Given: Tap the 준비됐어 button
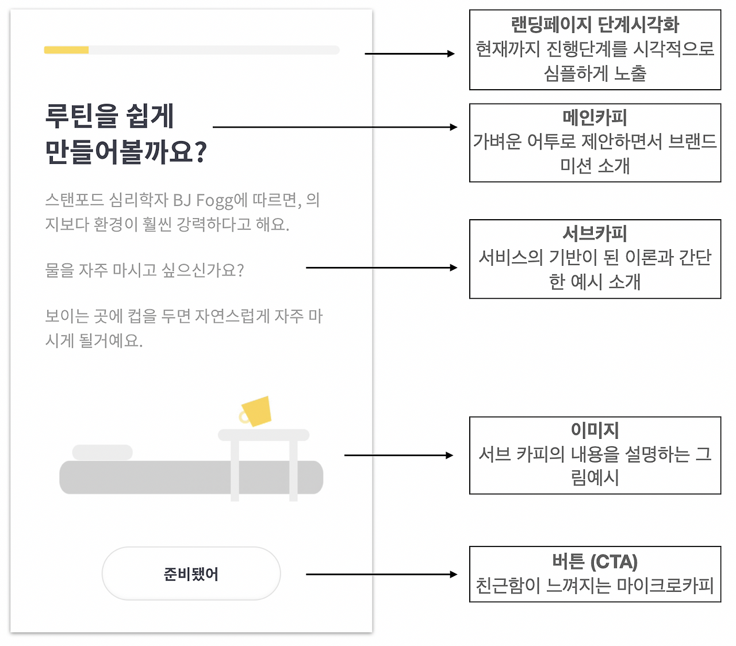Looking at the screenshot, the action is tap(191, 574).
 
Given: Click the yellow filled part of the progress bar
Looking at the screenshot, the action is tap(66, 50).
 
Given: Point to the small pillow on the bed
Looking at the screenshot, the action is tap(102, 452).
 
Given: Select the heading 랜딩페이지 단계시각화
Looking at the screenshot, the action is tap(595, 25).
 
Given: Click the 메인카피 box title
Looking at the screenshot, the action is tap(595, 117).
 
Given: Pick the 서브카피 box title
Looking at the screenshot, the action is tap(595, 233).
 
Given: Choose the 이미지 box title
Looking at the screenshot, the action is tap(595, 430).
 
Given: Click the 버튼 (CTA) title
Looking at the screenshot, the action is tap(595, 561).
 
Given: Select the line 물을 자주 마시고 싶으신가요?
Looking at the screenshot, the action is tap(144, 270).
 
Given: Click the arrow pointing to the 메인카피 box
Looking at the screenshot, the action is tap(335, 127).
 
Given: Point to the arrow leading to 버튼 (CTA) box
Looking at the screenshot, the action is tap(381, 575).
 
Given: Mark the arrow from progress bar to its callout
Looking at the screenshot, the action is tap(409, 54).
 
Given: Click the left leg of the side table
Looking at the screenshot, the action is tap(235, 471).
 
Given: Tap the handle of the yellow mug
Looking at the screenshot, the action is tap(244, 417).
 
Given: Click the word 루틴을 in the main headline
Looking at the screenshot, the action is tap(82, 116).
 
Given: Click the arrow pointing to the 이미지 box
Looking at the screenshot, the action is tap(398, 455).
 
